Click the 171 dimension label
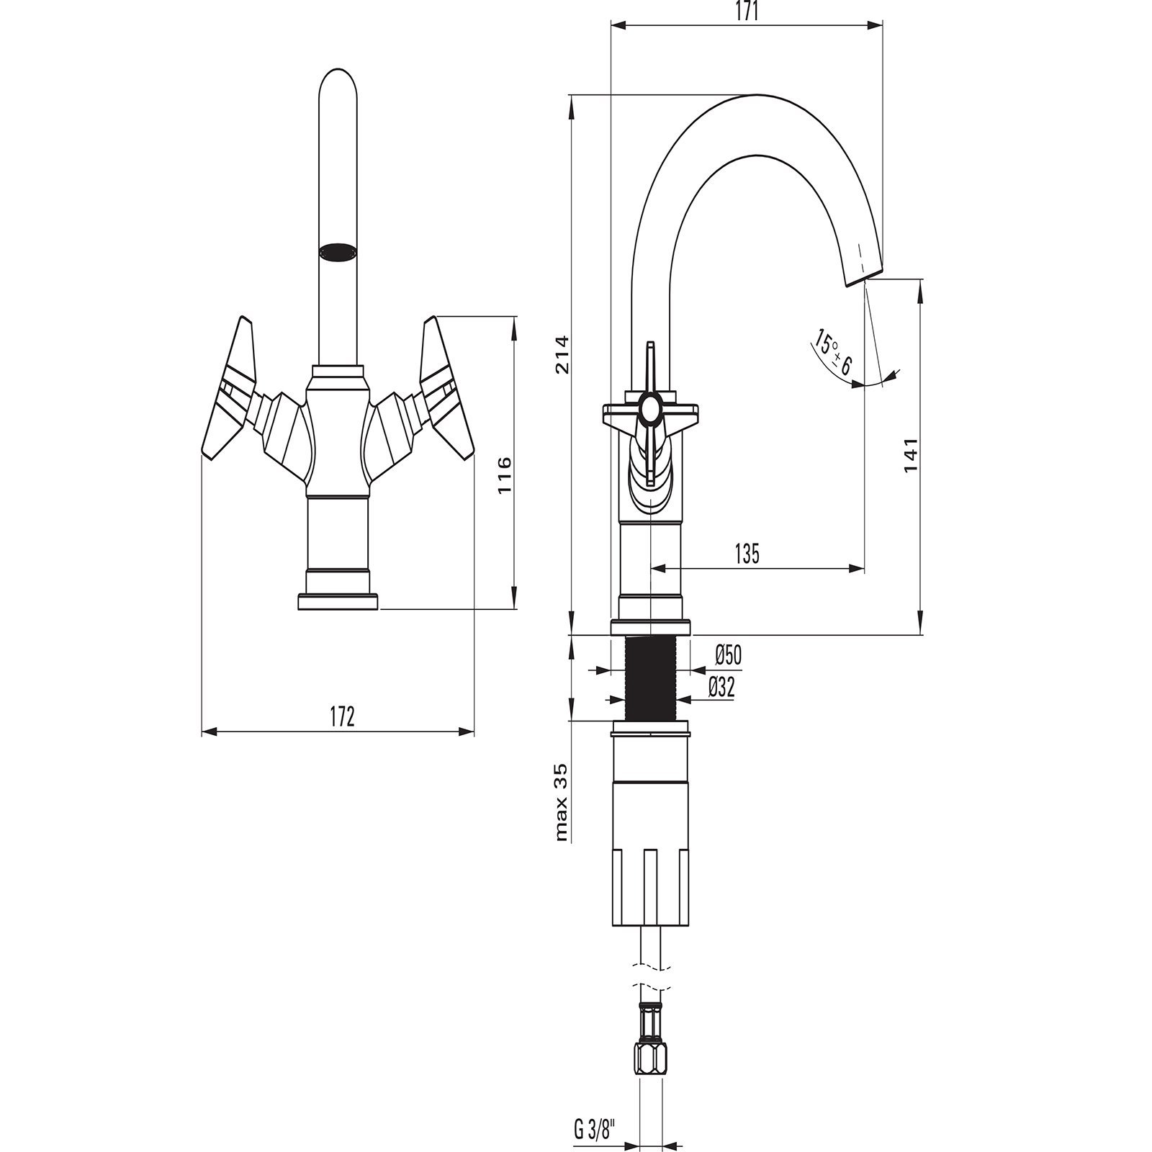[747, 13]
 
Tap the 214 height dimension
[562, 355]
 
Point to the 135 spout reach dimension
[747, 554]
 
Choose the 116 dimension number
[505, 474]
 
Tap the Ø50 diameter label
[727, 655]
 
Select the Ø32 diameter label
[721, 688]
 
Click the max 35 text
[562, 801]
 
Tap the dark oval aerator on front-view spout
[338, 251]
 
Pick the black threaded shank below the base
[651, 679]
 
